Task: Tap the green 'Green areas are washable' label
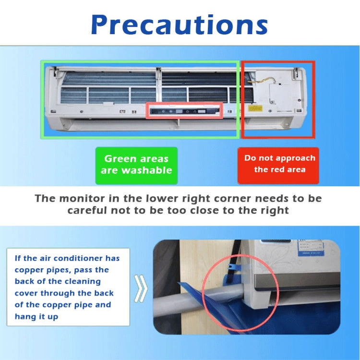136,165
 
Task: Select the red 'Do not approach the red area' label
279,164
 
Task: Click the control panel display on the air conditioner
184,110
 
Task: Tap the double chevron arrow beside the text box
140,288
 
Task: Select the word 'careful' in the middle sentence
89,210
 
